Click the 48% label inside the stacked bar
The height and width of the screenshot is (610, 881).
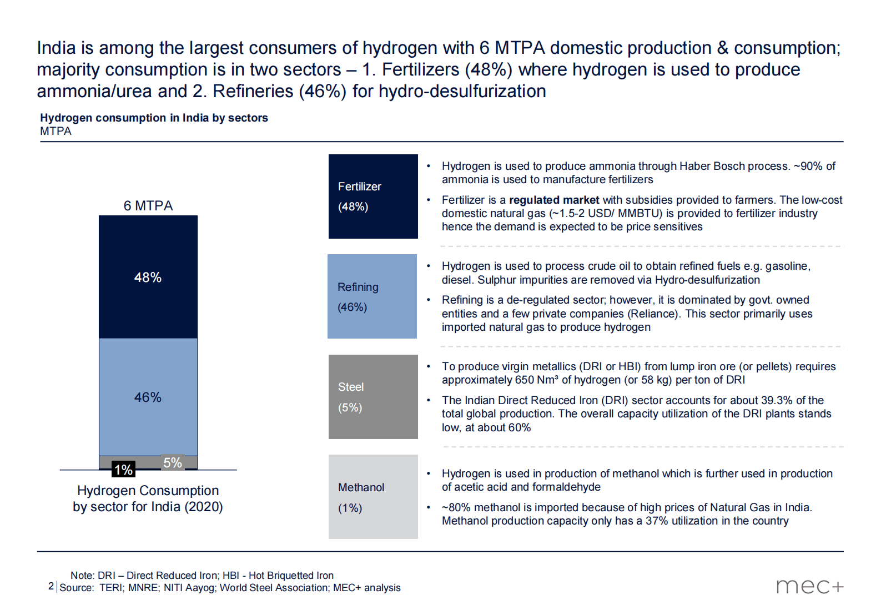coord(148,278)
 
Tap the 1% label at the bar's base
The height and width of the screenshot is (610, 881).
coord(123,470)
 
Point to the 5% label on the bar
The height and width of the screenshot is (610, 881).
coord(173,463)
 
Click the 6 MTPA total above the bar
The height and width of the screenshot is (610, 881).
coord(148,206)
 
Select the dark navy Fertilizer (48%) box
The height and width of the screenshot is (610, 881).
coord(373,196)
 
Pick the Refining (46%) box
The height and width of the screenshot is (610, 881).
coord(372,296)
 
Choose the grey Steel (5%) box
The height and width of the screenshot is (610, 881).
coord(373,397)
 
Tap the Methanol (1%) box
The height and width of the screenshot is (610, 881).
coord(373,497)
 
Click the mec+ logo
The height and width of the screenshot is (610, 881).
coord(809,586)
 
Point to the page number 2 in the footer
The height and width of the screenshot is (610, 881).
coord(51,586)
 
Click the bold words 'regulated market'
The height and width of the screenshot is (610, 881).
coord(554,200)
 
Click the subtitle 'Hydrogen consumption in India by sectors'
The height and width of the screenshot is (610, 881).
coord(154,118)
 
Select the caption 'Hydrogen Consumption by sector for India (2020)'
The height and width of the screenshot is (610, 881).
coord(148,498)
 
